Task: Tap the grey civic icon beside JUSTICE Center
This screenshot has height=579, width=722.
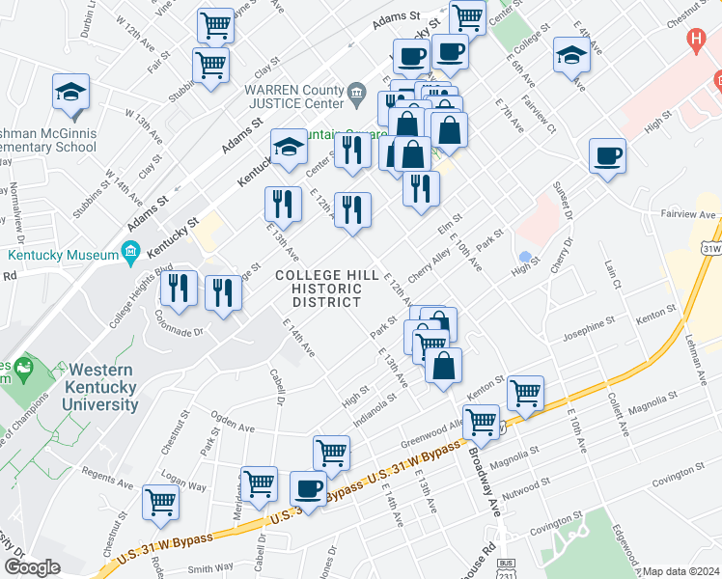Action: click(x=358, y=96)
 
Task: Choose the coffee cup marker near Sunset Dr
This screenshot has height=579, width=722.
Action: click(x=607, y=155)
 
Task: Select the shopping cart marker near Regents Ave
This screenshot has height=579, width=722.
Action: click(x=160, y=501)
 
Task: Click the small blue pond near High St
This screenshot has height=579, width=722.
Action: click(x=525, y=258)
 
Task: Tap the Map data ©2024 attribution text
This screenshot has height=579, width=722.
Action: click(x=681, y=571)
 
